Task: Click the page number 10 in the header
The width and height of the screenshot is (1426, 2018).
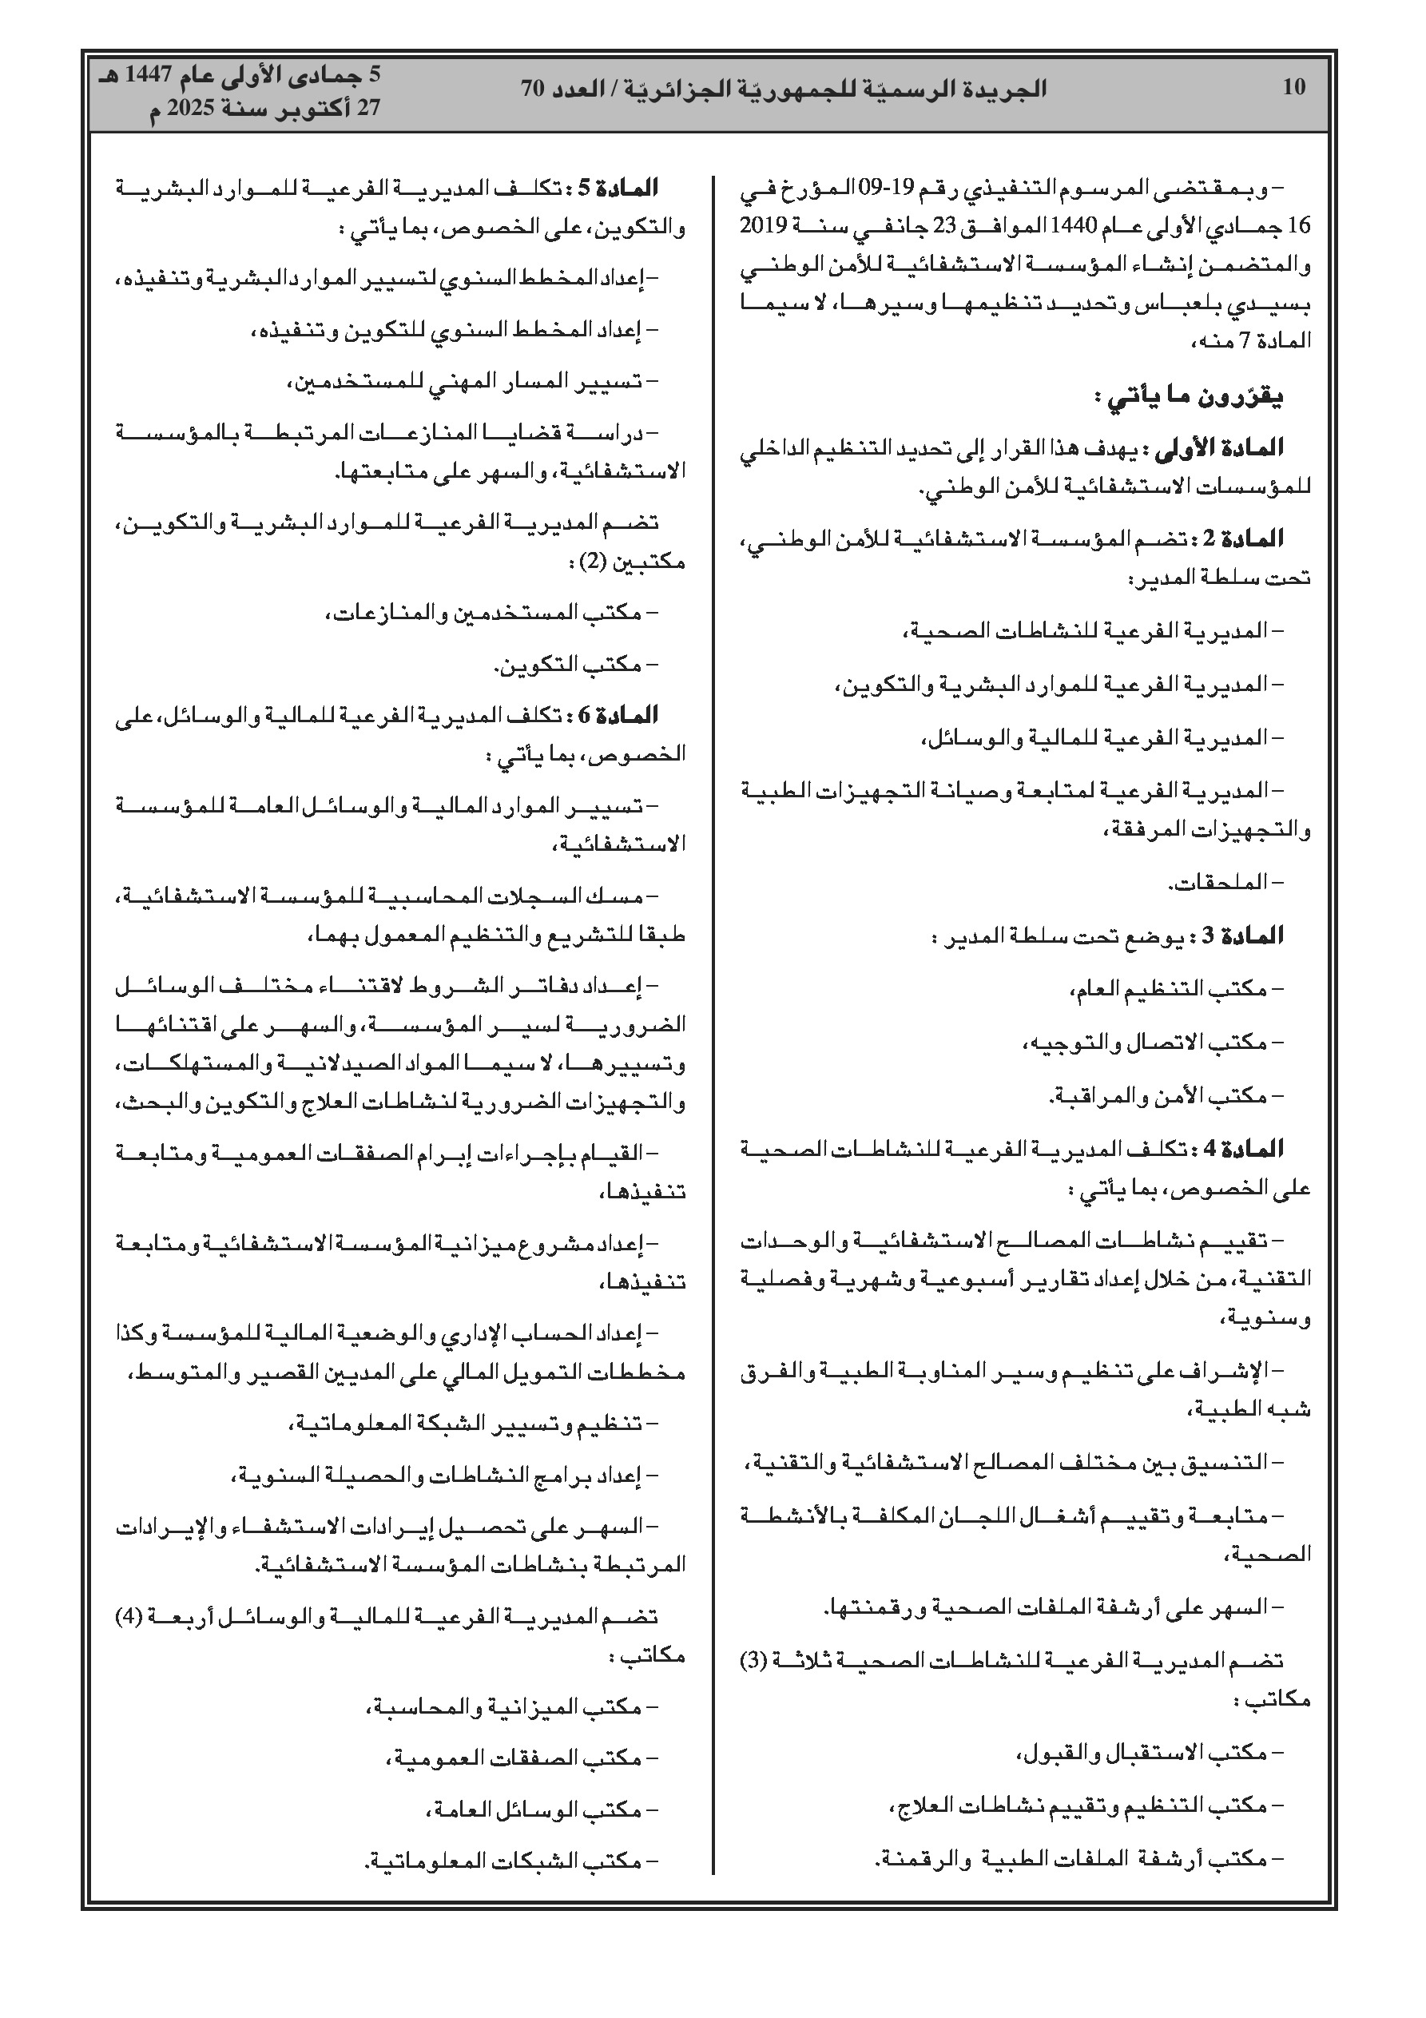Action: click(x=1294, y=87)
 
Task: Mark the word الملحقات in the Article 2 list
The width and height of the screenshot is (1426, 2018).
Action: click(x=1218, y=883)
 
